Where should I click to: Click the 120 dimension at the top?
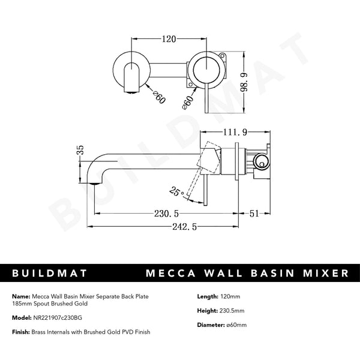coord(169,40)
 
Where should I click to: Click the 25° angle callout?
coord(176,191)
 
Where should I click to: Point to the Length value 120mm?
coord(230,296)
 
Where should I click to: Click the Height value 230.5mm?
coord(234,311)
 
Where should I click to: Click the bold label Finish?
coord(20,332)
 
